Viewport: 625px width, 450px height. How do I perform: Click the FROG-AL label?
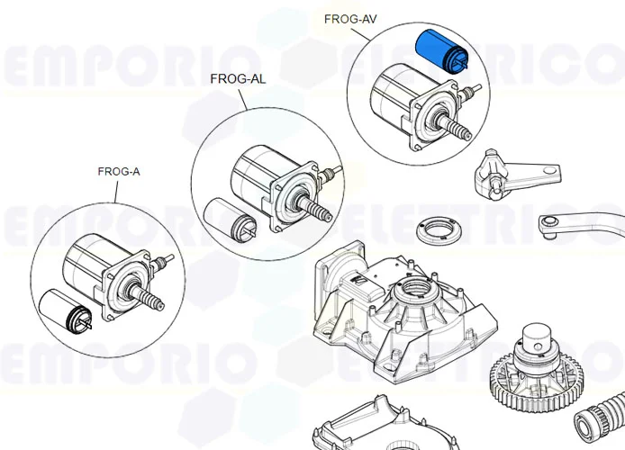click(238, 78)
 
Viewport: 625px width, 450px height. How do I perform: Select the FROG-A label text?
click(119, 171)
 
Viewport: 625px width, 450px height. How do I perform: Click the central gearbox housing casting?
click(396, 315)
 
